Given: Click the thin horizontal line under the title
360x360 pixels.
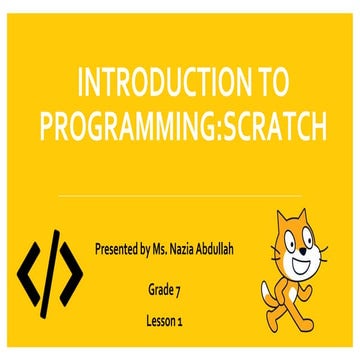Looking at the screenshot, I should pyautogui.click(x=180, y=196).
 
